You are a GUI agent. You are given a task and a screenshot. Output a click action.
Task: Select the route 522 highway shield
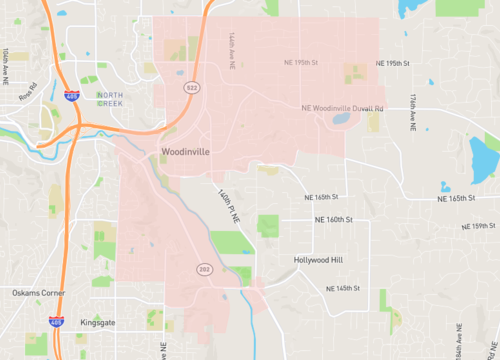click(x=190, y=89)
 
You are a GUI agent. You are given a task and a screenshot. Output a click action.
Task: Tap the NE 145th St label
click(x=347, y=288)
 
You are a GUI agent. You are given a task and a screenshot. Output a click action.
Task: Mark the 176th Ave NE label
click(x=411, y=111)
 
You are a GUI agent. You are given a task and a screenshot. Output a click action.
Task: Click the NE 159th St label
click(x=483, y=226)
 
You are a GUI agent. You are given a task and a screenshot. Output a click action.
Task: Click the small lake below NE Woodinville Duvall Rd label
click(x=341, y=119)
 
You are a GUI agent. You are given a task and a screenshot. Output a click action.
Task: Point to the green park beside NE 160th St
click(x=268, y=225)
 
